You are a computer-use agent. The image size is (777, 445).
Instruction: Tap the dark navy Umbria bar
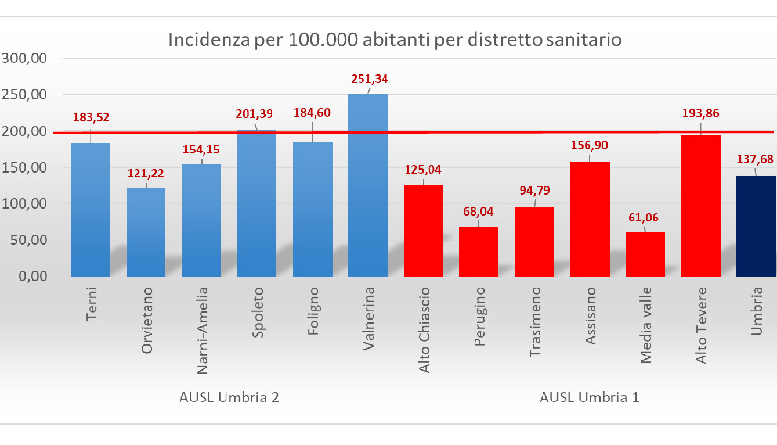coord(756,226)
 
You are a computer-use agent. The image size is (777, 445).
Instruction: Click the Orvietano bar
coord(146,232)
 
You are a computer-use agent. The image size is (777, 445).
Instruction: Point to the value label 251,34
coord(368,79)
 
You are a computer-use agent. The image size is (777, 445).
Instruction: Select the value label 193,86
coord(700,113)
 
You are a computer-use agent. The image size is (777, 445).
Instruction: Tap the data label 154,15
coord(201,149)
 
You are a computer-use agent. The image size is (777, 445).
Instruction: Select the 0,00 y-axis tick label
coord(32,277)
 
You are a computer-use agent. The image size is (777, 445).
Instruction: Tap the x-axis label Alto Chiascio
coord(424,330)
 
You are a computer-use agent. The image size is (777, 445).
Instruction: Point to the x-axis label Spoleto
coord(258,311)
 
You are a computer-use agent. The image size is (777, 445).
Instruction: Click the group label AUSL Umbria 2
coord(229,398)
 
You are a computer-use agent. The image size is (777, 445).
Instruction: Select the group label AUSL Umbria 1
coord(590,398)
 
